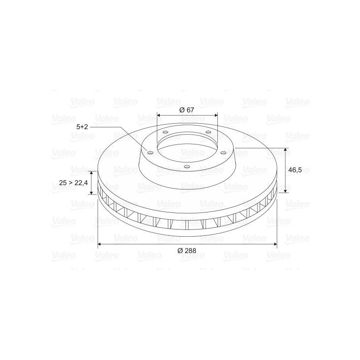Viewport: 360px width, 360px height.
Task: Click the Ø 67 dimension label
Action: click(x=187, y=110)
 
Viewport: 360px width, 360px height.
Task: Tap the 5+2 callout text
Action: click(x=82, y=127)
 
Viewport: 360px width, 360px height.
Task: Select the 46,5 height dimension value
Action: click(x=295, y=170)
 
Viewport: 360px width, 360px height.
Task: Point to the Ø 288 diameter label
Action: click(x=187, y=251)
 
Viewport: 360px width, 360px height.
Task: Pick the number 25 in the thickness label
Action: click(x=63, y=183)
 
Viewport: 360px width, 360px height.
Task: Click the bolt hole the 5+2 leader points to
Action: click(x=150, y=153)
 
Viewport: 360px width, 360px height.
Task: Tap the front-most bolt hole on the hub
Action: click(x=187, y=166)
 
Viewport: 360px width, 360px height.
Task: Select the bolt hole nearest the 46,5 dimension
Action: click(x=223, y=153)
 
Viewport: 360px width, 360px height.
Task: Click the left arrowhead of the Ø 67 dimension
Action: click(x=159, y=115)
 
